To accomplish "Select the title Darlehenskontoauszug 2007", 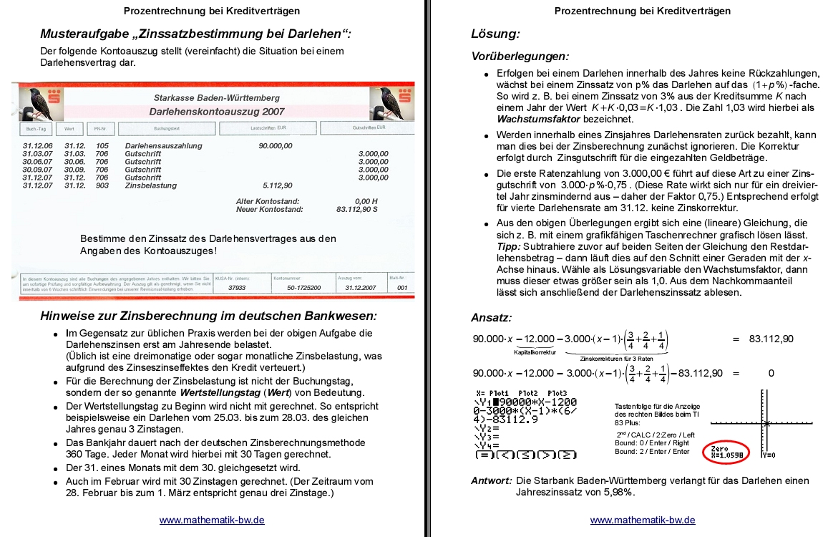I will tap(217, 112).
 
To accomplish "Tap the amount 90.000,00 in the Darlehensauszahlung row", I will tap(276, 146).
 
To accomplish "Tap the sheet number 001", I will tap(402, 287).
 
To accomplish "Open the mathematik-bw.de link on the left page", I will tap(212, 521).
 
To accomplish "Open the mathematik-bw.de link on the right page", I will tap(643, 521).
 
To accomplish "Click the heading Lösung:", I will tap(495, 34).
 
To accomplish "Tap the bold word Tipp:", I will tap(509, 246).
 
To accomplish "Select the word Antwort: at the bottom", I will tap(491, 480).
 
